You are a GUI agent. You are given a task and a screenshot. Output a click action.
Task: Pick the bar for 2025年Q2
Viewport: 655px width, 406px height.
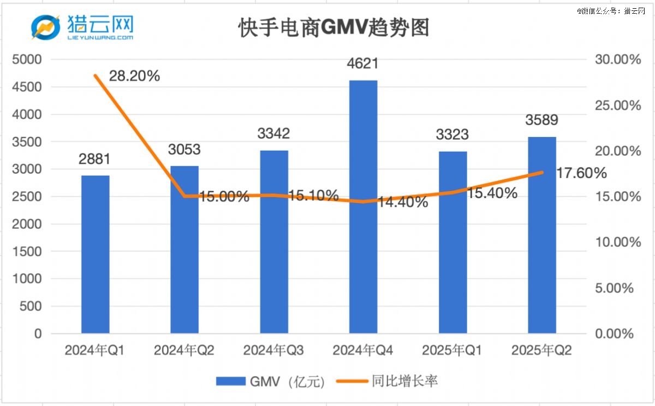(542, 235)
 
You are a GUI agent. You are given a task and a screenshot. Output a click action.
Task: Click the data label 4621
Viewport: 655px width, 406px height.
(363, 64)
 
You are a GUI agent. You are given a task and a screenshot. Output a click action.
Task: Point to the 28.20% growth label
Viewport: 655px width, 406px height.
(134, 76)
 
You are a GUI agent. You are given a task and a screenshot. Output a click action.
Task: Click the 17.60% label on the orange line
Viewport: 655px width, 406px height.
(581, 174)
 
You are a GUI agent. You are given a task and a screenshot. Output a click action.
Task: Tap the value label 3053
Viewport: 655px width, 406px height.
(184, 150)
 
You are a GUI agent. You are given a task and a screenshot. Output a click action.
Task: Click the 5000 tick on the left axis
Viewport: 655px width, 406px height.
(31, 59)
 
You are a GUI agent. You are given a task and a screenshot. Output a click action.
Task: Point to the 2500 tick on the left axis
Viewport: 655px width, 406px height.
(31, 196)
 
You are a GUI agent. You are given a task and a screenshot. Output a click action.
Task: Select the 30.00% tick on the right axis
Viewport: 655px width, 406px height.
(617, 59)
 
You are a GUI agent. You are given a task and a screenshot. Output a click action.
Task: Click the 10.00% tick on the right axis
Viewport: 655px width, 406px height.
(617, 242)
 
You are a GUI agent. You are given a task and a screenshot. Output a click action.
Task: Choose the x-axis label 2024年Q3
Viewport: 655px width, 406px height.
(273, 350)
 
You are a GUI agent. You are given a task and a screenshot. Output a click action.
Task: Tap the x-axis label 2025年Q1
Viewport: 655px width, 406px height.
(452, 350)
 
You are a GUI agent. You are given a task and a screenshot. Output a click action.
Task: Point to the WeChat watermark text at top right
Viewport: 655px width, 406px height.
(611, 10)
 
